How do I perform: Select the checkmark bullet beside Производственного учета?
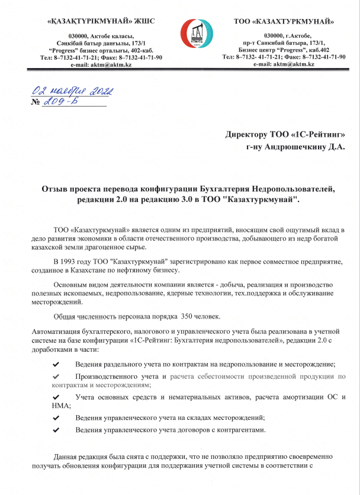click(56, 377)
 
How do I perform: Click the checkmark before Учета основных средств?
click(56, 396)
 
